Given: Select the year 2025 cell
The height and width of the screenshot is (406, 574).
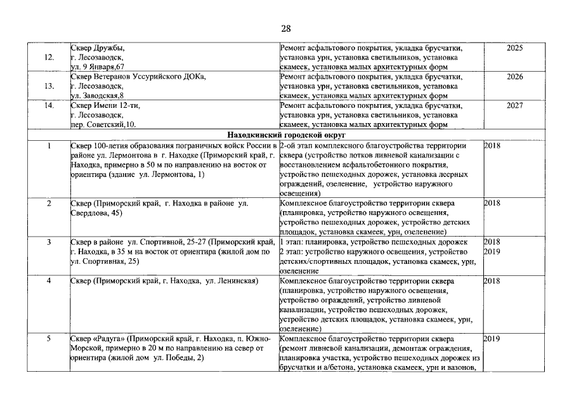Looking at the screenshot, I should [515, 48].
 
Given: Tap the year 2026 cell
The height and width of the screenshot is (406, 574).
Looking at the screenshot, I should [515, 77].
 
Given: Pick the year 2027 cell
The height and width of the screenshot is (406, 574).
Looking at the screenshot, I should [515, 105].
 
